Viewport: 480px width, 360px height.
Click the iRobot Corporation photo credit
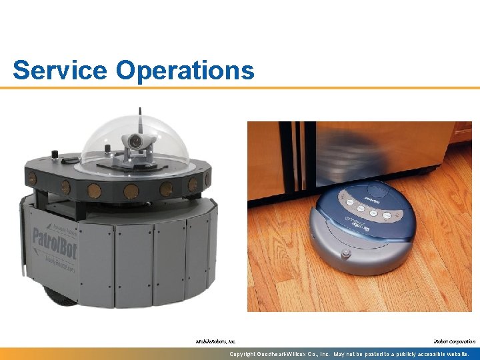pyautogui.click(x=455, y=341)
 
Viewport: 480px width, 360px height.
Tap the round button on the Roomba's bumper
pyautogui.click(x=345, y=254)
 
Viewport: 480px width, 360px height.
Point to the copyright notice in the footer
pyautogui.click(x=353, y=354)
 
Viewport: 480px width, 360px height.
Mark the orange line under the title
pyautogui.click(x=240, y=87)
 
